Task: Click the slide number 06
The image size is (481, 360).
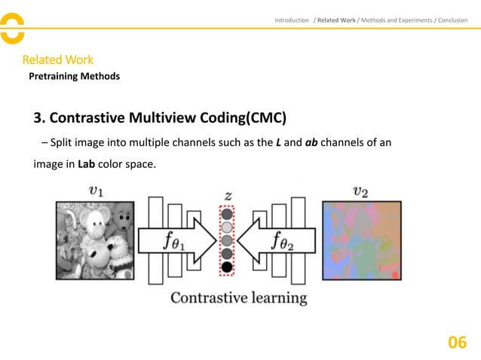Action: pyautogui.click(x=457, y=343)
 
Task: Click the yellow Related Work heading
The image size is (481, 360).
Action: pyautogui.click(x=57, y=59)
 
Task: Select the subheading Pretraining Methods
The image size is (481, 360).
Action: pyautogui.click(x=74, y=76)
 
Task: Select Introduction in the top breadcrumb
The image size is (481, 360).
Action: pyautogui.click(x=292, y=20)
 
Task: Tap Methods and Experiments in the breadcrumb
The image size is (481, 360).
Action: pyautogui.click(x=397, y=20)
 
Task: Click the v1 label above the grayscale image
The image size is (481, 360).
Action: pyautogui.click(x=97, y=191)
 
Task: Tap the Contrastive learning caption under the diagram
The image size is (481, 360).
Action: pyautogui.click(x=239, y=297)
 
